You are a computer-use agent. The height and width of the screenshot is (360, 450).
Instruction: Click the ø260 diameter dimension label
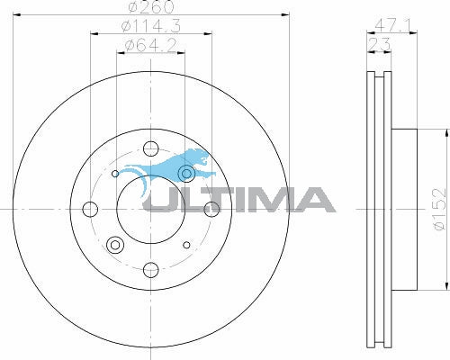pos(151,6)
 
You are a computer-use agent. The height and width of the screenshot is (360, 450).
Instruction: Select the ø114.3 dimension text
pos(151,26)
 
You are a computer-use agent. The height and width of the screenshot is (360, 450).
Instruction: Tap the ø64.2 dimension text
pos(150,46)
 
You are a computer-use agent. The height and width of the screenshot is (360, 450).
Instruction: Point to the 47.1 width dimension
pos(391,25)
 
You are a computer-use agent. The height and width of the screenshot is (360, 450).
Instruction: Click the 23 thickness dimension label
pos(379,44)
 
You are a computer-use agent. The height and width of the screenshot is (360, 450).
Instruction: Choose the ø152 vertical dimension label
pos(440,209)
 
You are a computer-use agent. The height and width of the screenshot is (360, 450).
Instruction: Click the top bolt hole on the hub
pos(150,148)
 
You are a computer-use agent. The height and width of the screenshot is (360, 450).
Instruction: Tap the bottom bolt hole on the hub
pos(150,270)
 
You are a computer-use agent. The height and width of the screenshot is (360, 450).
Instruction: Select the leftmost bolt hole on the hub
pos(90,209)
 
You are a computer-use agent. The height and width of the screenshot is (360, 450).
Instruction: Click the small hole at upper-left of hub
pos(115,174)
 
